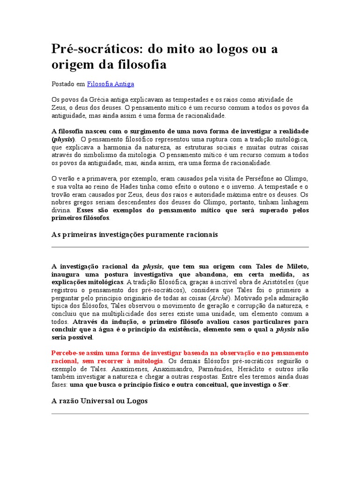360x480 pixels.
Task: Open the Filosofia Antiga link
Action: pyautogui.click(x=111, y=84)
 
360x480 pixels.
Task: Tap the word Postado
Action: pyautogui.click(x=62, y=84)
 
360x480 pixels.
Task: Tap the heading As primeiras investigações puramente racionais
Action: pyautogui.click(x=134, y=234)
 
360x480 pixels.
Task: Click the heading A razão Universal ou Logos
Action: pyautogui.click(x=99, y=401)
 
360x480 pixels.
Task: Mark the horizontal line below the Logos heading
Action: pyautogui.click(x=180, y=413)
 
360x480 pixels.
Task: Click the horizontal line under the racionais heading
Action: pyautogui.click(x=180, y=247)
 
